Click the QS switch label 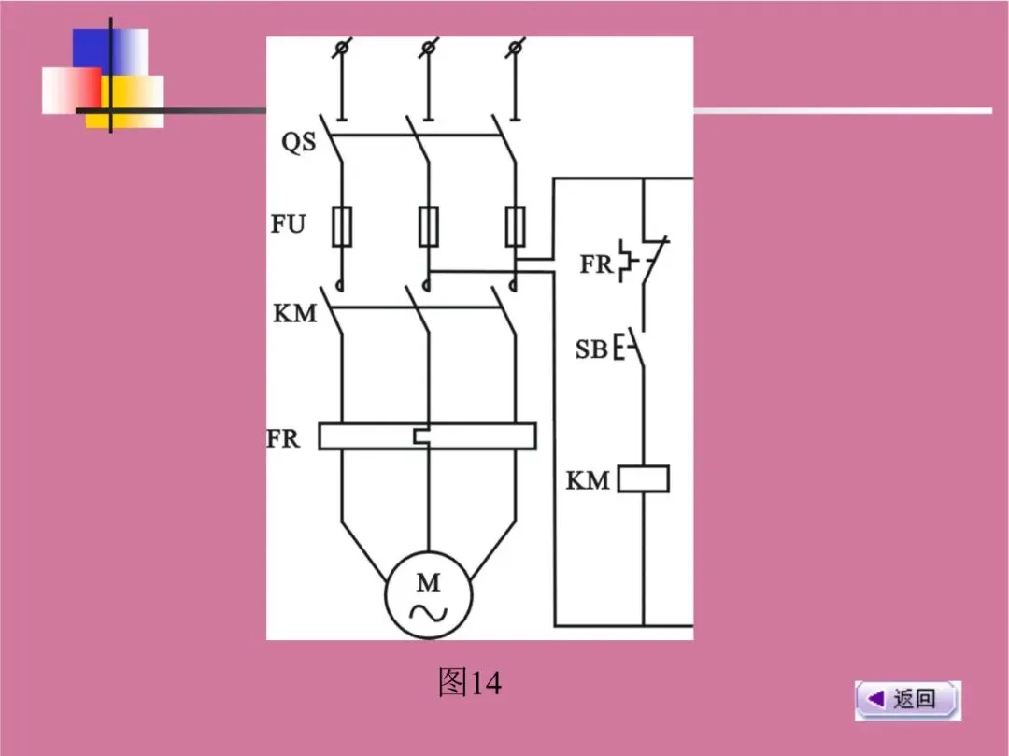pyautogui.click(x=299, y=144)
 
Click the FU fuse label pyautogui.click(x=289, y=225)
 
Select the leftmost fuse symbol pyautogui.click(x=342, y=225)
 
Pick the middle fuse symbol pyautogui.click(x=428, y=225)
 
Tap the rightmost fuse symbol pyautogui.click(x=515, y=225)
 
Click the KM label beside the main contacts pyautogui.click(x=295, y=313)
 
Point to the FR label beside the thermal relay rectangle pyautogui.click(x=284, y=437)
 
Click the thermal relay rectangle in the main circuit pyautogui.click(x=427, y=436)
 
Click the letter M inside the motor pyautogui.click(x=428, y=583)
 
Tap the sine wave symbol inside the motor pyautogui.click(x=429, y=613)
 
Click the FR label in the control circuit pyautogui.click(x=596, y=264)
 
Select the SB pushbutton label pyautogui.click(x=591, y=350)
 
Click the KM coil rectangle pyautogui.click(x=644, y=479)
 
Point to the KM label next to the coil pyautogui.click(x=588, y=481)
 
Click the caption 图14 pyautogui.click(x=469, y=684)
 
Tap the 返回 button pyautogui.click(x=907, y=699)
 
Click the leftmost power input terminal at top pyautogui.click(x=343, y=47)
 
